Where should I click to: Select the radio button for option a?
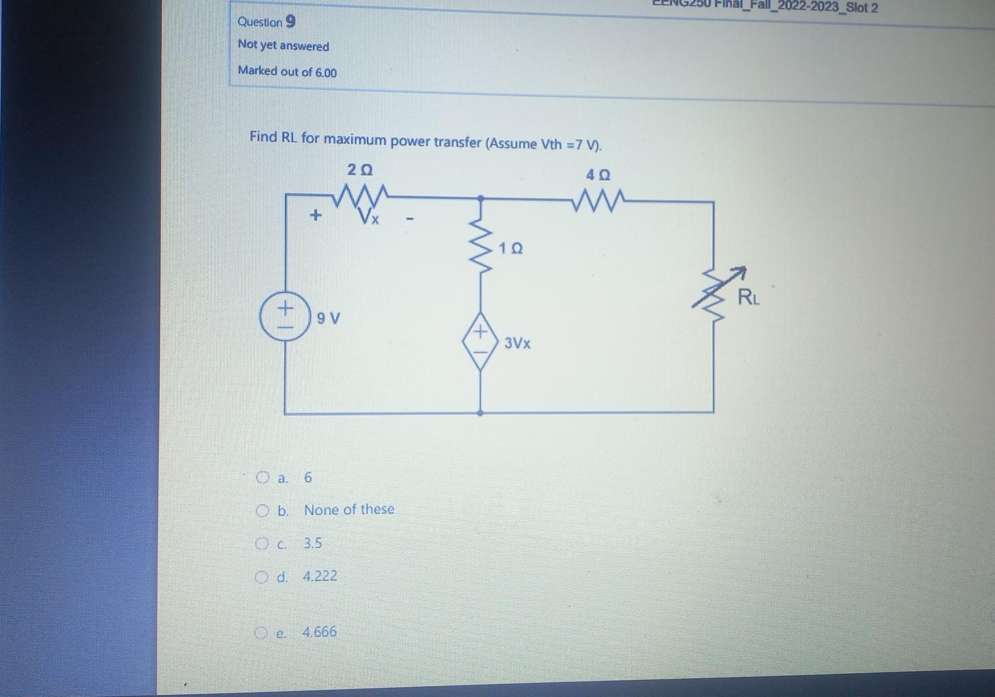(x=263, y=478)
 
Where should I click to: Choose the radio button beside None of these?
(x=262, y=510)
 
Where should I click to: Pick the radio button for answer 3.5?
(x=262, y=544)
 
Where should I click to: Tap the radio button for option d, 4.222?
(x=261, y=577)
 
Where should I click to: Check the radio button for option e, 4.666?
(x=260, y=633)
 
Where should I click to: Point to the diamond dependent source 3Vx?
(x=480, y=341)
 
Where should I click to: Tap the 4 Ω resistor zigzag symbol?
(x=598, y=200)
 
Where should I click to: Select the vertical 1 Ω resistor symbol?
(x=481, y=247)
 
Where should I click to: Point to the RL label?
(x=748, y=297)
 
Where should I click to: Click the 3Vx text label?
(x=517, y=343)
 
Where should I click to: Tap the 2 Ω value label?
(x=360, y=169)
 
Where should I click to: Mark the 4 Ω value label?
(x=598, y=175)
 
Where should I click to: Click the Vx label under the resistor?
(x=370, y=218)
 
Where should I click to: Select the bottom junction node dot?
(x=480, y=413)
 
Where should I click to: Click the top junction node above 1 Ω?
(x=480, y=198)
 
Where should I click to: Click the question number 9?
(x=290, y=22)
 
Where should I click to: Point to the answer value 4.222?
(x=320, y=576)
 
